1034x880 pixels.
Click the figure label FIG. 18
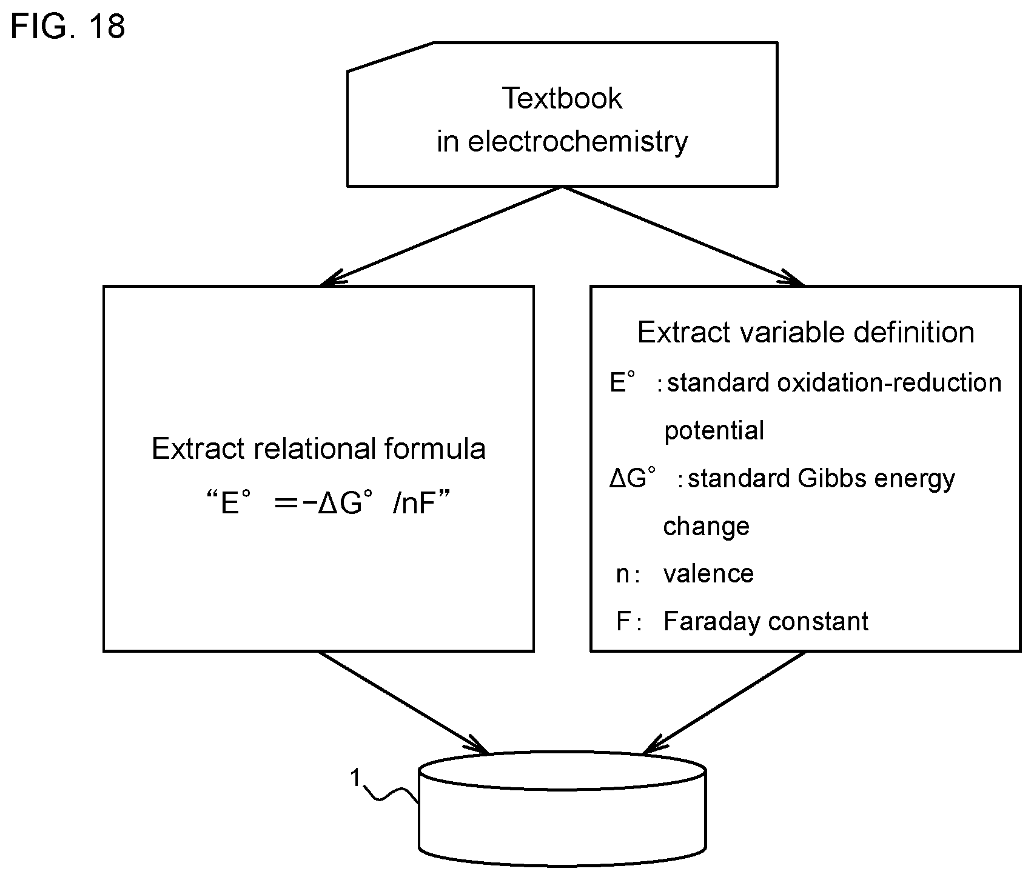pyautogui.click(x=68, y=27)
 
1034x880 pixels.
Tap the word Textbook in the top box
pyautogui.click(x=562, y=98)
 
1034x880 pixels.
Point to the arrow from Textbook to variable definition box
pyautogui.click(x=683, y=236)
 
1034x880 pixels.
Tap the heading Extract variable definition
pyautogui.click(x=806, y=332)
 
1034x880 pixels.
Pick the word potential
pyautogui.click(x=714, y=431)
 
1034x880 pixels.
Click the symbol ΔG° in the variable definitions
pyautogui.click(x=634, y=479)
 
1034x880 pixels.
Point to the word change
pyautogui.click(x=706, y=527)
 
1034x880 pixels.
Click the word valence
pyautogui.click(x=708, y=574)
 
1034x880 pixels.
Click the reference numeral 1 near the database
pyautogui.click(x=356, y=778)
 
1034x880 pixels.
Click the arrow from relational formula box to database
pyautogui.click(x=403, y=703)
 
